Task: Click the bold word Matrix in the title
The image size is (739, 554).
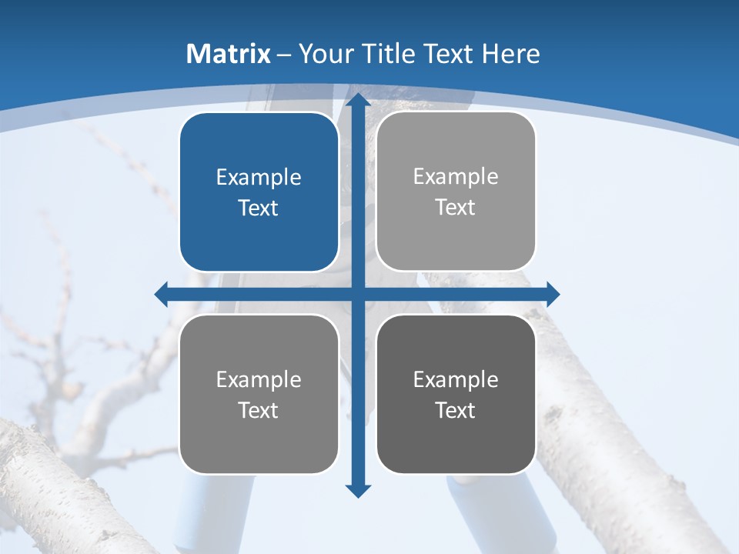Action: (x=229, y=54)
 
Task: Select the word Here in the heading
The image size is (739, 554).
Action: (x=511, y=54)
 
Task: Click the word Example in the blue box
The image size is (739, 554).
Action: (x=259, y=178)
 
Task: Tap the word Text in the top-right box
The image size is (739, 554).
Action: (x=456, y=207)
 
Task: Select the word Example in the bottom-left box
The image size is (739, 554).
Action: (x=259, y=379)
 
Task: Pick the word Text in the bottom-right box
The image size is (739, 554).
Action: (x=456, y=410)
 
